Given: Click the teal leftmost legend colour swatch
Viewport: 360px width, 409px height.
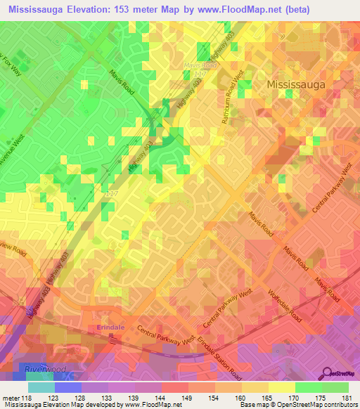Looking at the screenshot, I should coord(41,388).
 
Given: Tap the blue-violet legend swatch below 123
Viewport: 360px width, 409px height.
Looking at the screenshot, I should coord(68,388).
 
